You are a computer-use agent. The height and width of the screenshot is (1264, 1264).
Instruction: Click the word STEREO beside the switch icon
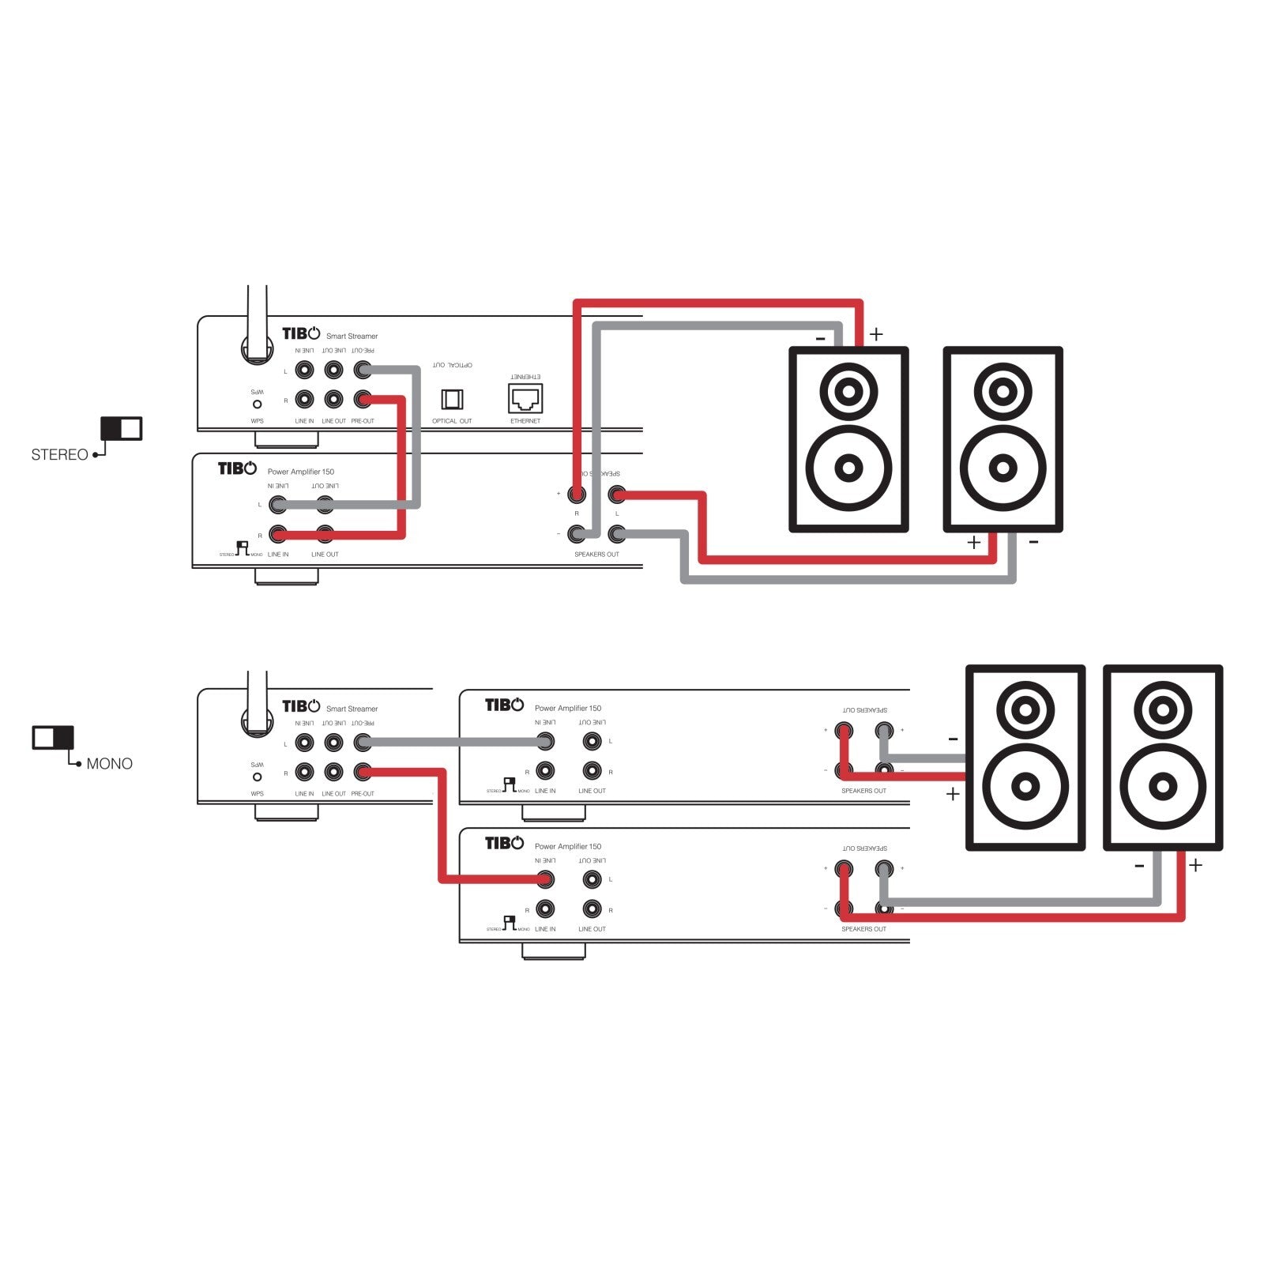click(x=59, y=455)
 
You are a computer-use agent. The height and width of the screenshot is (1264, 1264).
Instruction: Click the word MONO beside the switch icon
click(x=109, y=764)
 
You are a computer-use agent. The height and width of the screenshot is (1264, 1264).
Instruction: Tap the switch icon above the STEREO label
click(x=121, y=428)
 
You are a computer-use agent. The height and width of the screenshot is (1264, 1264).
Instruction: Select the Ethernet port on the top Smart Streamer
click(x=525, y=398)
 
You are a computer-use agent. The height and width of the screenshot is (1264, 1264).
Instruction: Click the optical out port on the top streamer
click(x=452, y=399)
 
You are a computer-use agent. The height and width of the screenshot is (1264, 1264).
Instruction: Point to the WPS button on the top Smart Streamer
click(x=257, y=404)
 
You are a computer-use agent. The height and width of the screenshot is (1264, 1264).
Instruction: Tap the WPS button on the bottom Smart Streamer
click(x=257, y=777)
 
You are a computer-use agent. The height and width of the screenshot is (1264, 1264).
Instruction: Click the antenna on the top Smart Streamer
click(x=257, y=324)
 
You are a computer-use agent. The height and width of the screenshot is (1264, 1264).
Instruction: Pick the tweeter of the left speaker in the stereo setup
click(x=848, y=390)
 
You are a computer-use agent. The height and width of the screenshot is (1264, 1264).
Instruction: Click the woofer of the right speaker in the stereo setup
click(x=1003, y=468)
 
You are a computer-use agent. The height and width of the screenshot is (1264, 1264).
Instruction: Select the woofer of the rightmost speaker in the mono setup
click(x=1162, y=786)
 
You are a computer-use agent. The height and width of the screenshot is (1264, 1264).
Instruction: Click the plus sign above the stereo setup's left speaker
click(x=876, y=334)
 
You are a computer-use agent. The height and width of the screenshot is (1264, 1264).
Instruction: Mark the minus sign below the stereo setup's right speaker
click(x=1033, y=543)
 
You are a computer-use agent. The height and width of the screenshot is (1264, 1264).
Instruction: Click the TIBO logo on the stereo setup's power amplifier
click(x=237, y=468)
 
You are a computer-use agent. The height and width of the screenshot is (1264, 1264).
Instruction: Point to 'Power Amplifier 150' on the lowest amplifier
click(x=567, y=846)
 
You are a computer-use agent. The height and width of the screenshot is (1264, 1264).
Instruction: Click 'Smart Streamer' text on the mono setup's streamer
click(x=352, y=709)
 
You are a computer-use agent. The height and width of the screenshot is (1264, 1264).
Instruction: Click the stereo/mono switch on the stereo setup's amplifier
click(x=243, y=548)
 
